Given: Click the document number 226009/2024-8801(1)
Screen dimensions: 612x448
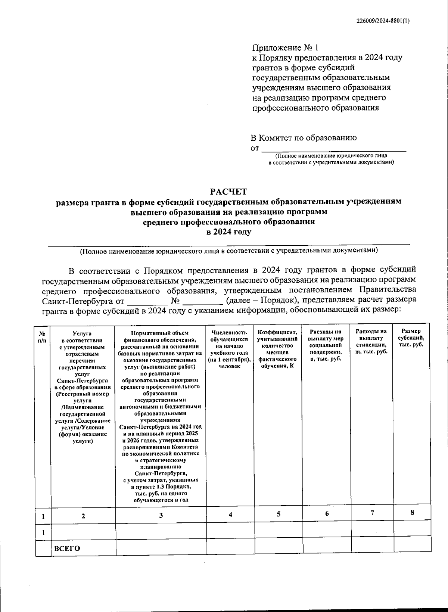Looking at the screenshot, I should pyautogui.click(x=382, y=21).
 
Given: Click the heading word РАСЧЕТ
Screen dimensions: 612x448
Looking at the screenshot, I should pyautogui.click(x=228, y=192).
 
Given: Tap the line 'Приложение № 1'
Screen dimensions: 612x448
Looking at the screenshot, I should pyautogui.click(x=286, y=48).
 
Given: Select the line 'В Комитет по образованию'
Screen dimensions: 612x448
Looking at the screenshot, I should pyautogui.click(x=303, y=138).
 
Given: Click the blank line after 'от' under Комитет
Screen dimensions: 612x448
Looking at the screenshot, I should pyautogui.click(x=333, y=149).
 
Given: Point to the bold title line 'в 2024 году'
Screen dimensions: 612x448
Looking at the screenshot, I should pyautogui.click(x=229, y=232).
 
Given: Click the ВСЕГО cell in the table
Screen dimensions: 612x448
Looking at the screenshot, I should pyautogui.click(x=67, y=548).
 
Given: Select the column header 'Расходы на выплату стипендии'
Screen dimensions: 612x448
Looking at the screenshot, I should pyautogui.click(x=371, y=341).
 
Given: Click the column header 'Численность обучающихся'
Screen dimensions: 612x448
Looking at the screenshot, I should pyautogui.click(x=230, y=349).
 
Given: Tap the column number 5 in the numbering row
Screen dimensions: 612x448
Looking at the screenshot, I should pyautogui.click(x=279, y=514).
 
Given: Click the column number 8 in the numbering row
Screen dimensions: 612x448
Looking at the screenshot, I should pyautogui.click(x=412, y=512).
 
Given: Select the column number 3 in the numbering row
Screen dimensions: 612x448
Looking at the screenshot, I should pyautogui.click(x=161, y=515).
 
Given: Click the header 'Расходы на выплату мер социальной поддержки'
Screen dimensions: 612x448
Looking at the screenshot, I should pyautogui.click(x=326, y=345).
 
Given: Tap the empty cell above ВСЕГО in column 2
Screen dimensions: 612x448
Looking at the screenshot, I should pyautogui.click(x=83, y=532).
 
